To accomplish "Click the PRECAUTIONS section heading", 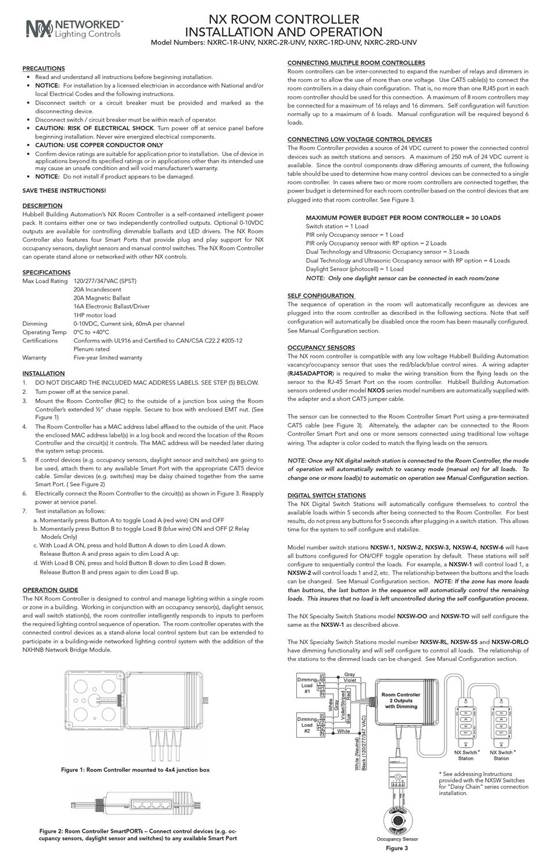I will (x=43, y=69).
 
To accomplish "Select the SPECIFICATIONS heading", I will (x=46, y=272).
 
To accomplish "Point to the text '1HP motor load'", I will (x=95, y=315).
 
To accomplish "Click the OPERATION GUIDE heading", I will (x=50, y=590).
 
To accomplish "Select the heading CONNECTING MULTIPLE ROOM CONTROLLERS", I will (x=356, y=63).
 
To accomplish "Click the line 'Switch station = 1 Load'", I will (x=337, y=227).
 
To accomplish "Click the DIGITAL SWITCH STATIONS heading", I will (x=327, y=495).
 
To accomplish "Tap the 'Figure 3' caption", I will (x=397, y=848).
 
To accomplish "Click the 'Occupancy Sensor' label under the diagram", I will (x=397, y=839).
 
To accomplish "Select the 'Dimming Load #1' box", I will (x=307, y=685).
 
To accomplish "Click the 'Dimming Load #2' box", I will (x=307, y=725).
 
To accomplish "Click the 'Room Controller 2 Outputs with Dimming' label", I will (x=401, y=700).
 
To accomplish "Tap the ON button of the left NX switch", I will (x=465, y=712).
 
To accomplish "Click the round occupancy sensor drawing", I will (x=397, y=820).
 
